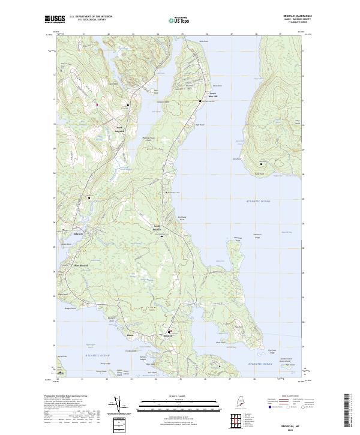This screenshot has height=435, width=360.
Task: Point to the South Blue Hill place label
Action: click(212, 95)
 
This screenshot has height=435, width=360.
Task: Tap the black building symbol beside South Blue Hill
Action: click(200, 101)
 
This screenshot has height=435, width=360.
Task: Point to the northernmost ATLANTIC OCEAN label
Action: click(258, 202)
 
